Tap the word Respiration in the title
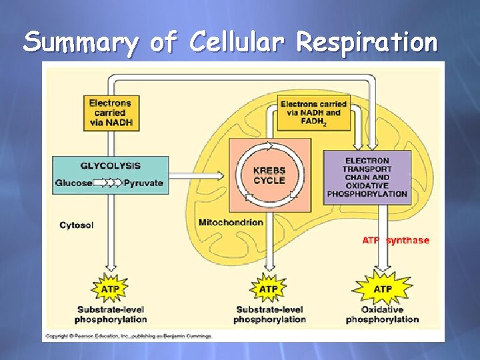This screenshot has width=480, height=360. tap(367, 43)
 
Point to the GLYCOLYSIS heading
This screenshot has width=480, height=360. tap(111, 165)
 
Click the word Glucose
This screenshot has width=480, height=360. tap(74, 183)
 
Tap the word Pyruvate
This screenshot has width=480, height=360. tap(143, 183)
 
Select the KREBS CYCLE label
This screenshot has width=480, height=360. tap(269, 175)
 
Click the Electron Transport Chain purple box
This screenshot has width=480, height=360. tap(367, 177)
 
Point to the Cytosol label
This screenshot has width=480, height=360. tap(77, 225)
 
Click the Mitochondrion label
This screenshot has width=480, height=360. tap(231, 222)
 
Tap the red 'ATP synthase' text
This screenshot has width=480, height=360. tap(396, 240)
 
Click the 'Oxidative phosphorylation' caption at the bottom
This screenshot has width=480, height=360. tap(382, 315)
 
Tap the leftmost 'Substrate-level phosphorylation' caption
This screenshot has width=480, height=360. tap(111, 315)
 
